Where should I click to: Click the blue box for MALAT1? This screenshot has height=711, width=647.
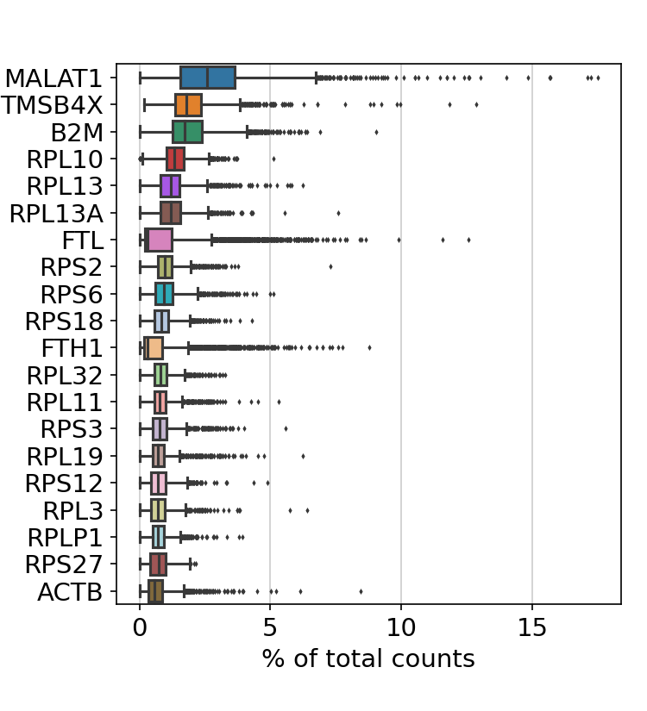pyautogui.click(x=207, y=78)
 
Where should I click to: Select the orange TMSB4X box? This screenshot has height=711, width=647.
pyautogui.click(x=188, y=105)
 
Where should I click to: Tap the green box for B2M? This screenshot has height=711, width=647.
pyautogui.click(x=187, y=132)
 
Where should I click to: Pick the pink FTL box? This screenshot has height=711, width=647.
pyautogui.click(x=159, y=240)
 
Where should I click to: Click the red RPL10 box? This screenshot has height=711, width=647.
pyautogui.click(x=175, y=159)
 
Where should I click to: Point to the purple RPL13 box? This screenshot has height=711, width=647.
pyautogui.click(x=170, y=186)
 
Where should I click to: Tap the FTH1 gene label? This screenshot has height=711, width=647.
pyautogui.click(x=72, y=349)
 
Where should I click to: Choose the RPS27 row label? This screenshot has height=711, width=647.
pyautogui.click(x=64, y=565)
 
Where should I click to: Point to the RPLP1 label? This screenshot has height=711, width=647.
pyautogui.click(x=65, y=538)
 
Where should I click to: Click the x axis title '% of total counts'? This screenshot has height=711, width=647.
pyautogui.click(x=368, y=659)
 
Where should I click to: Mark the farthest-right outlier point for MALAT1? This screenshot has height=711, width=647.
pyautogui.click(x=598, y=78)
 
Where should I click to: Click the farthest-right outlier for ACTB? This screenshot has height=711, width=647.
pyautogui.click(x=361, y=591)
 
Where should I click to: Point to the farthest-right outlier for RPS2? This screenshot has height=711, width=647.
pyautogui.click(x=330, y=266)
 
